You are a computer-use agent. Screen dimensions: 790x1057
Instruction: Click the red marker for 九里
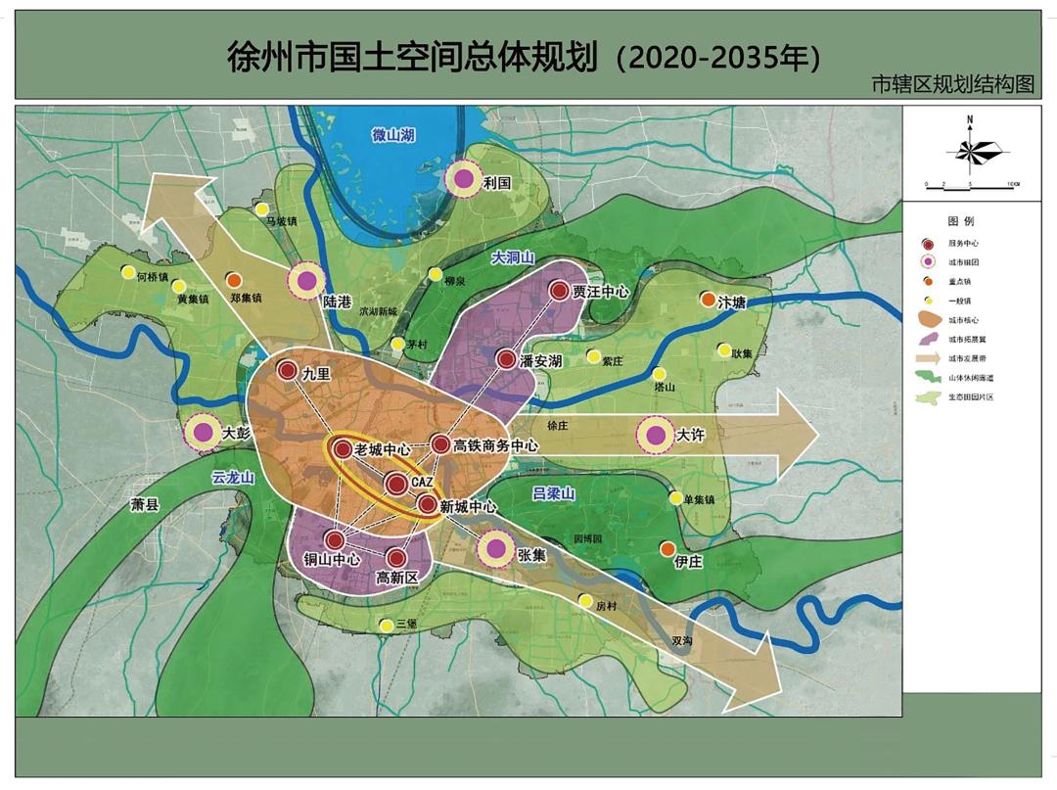click(287, 371)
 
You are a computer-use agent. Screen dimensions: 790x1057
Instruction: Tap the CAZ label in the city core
click(421, 484)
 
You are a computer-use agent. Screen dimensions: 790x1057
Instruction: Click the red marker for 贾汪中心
click(559, 291)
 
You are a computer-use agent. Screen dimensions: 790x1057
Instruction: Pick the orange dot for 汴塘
click(708, 300)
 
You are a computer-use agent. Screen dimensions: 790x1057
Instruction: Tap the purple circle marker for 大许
click(655, 436)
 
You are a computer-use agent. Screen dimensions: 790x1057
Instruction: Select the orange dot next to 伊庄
click(667, 548)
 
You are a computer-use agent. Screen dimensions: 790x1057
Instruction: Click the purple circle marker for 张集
click(496, 549)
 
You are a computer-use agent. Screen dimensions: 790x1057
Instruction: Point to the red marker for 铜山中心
click(335, 539)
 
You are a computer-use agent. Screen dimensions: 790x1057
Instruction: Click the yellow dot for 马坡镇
click(261, 209)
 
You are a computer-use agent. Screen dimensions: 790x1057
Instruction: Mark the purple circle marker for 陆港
click(306, 281)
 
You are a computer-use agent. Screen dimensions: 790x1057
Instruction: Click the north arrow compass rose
click(969, 150)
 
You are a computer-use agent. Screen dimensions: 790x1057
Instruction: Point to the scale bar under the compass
click(972, 184)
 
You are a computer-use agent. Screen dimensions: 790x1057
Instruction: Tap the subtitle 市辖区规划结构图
click(952, 85)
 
